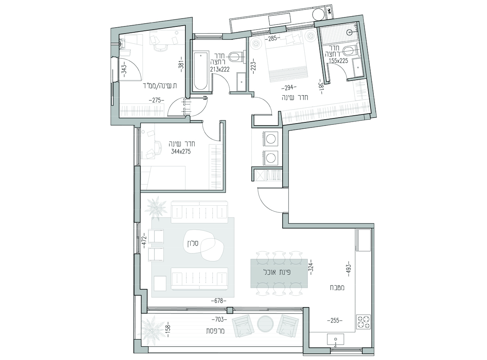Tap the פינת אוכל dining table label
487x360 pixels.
coord(277,272)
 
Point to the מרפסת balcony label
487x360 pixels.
coord(215,331)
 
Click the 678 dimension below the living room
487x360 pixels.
coord(219,301)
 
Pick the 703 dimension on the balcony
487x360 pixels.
coord(219,319)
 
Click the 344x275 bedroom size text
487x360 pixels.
coord(181,152)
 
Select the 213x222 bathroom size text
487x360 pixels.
coord(220,69)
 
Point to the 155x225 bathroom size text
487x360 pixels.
coord(338,61)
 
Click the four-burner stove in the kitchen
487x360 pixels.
coord(363,322)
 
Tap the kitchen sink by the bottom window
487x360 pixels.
coord(335,339)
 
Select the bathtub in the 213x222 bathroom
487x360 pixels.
coord(201,71)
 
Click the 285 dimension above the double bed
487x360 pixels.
coord(272,39)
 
